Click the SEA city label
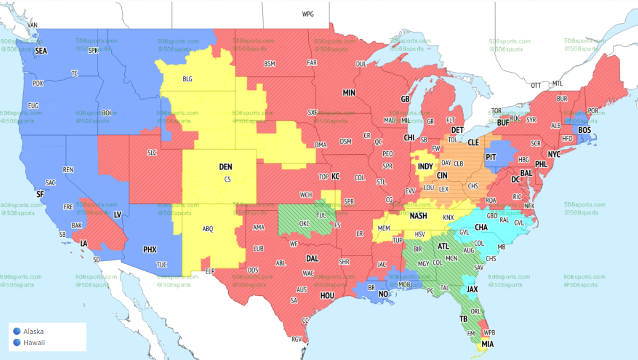[41, 52]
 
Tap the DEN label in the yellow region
[226, 167]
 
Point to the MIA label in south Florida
[488, 344]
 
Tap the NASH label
[419, 216]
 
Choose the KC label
[335, 176]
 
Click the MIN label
[349, 93]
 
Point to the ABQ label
[208, 229]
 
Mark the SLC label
[152, 153]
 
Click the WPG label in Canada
[308, 14]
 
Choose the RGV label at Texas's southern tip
[297, 339]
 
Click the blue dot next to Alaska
[17, 331]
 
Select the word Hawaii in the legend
[33, 342]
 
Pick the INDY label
[426, 166]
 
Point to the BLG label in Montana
[188, 79]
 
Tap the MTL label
[557, 83]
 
